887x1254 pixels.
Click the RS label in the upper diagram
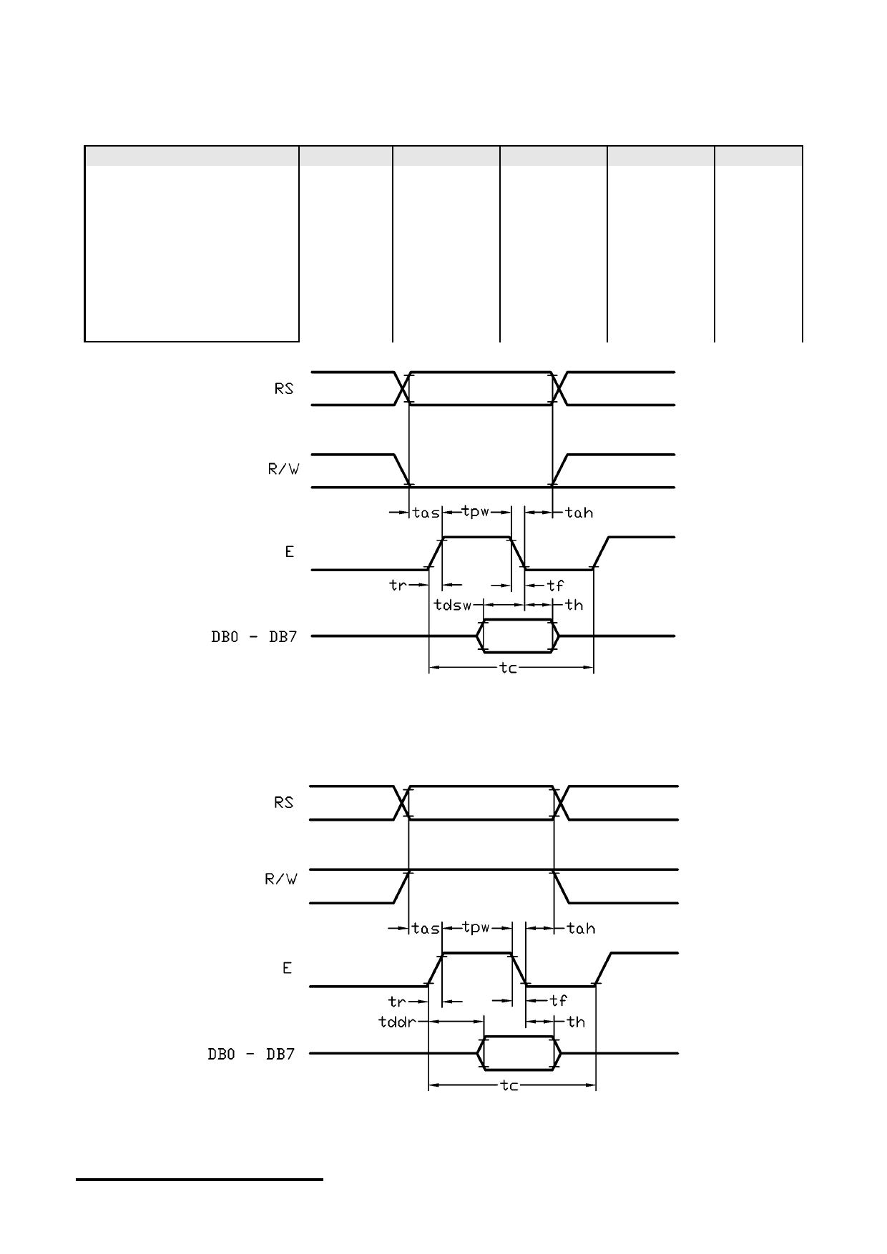284,389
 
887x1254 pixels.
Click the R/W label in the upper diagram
283,470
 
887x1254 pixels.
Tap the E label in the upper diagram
289,552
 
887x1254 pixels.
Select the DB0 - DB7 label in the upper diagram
253,636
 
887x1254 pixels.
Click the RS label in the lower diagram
284,802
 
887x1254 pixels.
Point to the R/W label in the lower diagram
281,879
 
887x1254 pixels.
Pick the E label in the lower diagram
287,968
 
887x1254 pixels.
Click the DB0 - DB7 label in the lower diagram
251,1054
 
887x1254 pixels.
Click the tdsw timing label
453,605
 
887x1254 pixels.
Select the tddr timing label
397,1022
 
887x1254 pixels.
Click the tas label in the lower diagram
426,928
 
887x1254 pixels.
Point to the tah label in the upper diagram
579,513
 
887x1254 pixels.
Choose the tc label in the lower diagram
509,1085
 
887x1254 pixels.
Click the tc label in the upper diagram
508,668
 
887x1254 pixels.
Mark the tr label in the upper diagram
398,585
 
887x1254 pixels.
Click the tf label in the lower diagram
559,1001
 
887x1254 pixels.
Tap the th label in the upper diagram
574,605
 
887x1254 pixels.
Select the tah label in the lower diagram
581,928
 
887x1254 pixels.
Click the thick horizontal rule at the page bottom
200,1180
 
